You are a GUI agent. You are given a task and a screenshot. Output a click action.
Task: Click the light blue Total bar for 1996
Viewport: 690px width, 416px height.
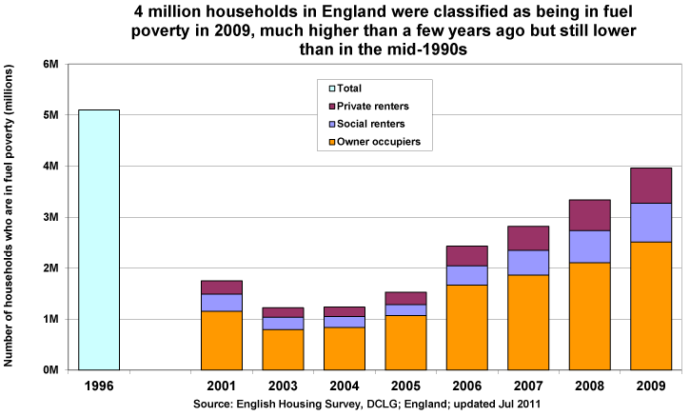tap(98, 239)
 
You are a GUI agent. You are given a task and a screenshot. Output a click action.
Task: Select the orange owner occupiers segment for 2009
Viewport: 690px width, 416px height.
tap(651, 305)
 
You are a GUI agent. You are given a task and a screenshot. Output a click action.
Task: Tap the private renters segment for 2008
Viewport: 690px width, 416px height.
tap(590, 215)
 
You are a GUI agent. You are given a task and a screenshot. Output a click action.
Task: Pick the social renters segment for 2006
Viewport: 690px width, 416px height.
tap(467, 275)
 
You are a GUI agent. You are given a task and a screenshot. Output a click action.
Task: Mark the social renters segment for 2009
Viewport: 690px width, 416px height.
tap(651, 223)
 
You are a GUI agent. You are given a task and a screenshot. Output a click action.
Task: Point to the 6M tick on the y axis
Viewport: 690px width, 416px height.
tap(53, 64)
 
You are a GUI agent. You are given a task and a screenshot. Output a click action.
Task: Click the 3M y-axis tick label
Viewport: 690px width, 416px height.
tap(53, 217)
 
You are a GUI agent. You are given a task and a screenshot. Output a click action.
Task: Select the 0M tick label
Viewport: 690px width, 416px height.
tap(53, 369)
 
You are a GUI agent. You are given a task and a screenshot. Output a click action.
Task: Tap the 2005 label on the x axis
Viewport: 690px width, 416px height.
tap(405, 386)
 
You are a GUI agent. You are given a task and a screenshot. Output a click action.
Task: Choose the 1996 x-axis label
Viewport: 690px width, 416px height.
tap(98, 386)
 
